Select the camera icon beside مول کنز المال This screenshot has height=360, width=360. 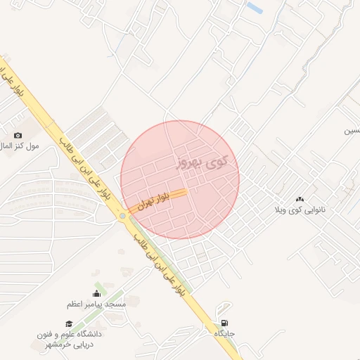18,135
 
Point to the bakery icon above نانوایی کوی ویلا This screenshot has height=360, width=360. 300,200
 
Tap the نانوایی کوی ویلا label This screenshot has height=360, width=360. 300,210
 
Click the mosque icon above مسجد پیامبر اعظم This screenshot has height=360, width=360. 96,294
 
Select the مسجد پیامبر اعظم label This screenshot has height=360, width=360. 96,304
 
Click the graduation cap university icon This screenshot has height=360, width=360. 69,323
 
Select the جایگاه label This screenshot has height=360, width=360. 224,334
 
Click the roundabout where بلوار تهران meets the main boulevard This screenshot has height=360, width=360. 124,216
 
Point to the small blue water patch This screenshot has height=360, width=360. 255,8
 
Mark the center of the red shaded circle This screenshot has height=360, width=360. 180,180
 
